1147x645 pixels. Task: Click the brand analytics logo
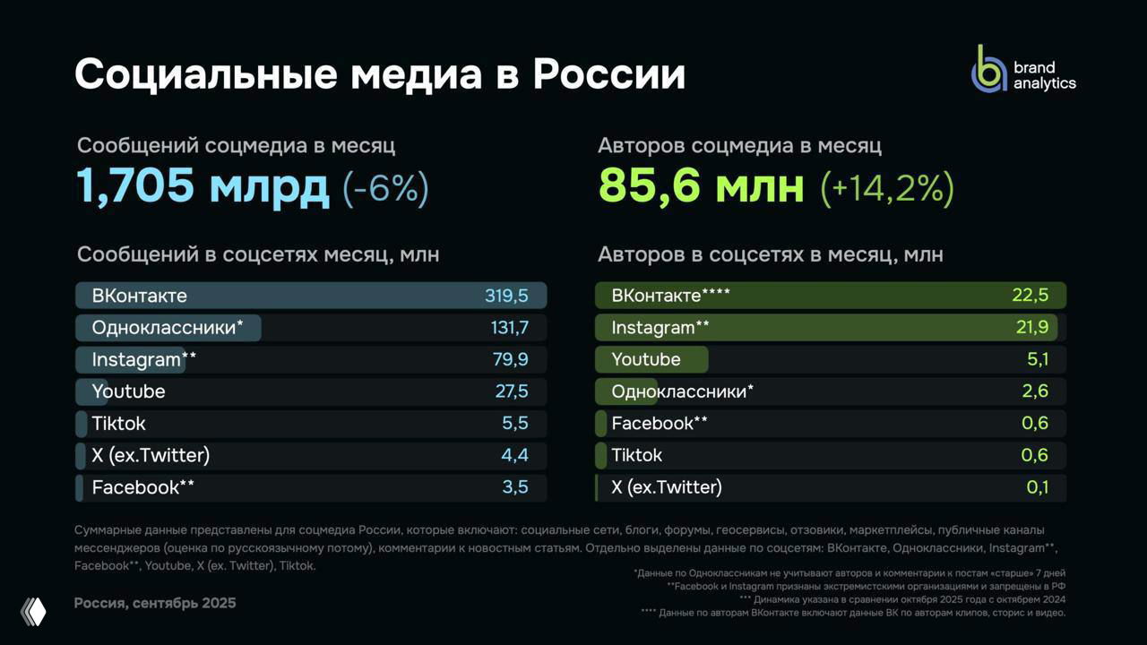pos(1023,70)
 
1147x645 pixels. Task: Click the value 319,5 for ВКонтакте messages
pos(506,296)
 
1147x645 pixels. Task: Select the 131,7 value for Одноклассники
pos(509,328)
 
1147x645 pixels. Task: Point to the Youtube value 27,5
pos(511,391)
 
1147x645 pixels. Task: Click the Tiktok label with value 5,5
pos(118,424)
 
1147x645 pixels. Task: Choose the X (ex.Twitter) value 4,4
pos(514,455)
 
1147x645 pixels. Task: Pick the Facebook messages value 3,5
pos(514,487)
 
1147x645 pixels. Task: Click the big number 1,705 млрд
pos(203,186)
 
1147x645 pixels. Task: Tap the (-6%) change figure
pos(385,188)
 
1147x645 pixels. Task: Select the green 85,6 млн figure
pos(701,186)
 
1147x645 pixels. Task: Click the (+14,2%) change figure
pos(886,188)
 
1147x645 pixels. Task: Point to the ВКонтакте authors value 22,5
pos(1030,296)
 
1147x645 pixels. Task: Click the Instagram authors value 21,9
pos(1031,328)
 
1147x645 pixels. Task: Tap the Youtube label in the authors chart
pos(645,360)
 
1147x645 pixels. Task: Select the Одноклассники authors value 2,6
pos(1034,391)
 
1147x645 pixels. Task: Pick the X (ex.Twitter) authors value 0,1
pos(1035,487)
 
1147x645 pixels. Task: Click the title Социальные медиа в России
pos(380,74)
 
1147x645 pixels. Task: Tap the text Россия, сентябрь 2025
pos(155,603)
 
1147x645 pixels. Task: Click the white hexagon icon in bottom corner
pos(33,611)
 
